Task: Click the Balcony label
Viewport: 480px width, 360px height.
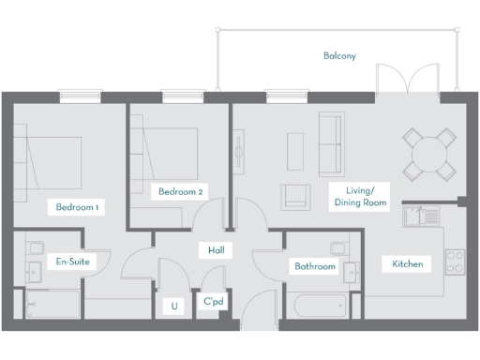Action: [339, 56]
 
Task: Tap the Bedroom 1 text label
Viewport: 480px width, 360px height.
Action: [77, 206]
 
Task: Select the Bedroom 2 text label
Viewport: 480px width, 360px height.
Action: [180, 192]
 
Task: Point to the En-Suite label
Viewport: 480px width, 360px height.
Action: [72, 262]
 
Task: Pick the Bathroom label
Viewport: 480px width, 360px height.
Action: [314, 266]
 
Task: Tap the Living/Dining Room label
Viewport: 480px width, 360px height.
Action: [360, 197]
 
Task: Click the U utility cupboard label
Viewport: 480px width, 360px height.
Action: [174, 306]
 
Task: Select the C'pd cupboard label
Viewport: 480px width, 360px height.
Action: [213, 305]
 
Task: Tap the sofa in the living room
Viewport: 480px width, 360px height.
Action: [331, 145]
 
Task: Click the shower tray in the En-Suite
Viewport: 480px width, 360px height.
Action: [53, 304]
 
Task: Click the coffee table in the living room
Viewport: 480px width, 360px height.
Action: [295, 151]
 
